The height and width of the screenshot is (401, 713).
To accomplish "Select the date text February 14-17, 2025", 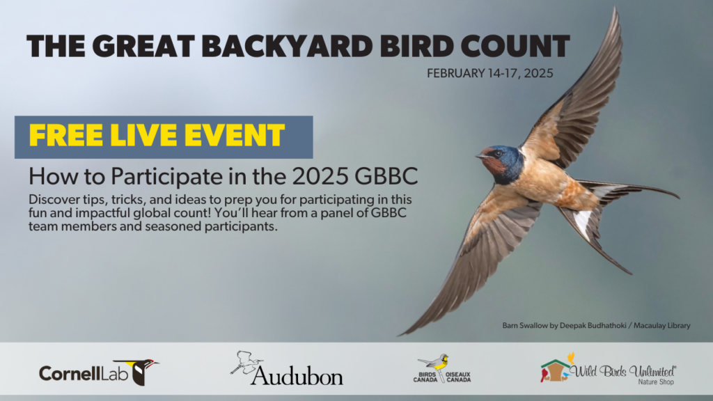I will tap(490, 73).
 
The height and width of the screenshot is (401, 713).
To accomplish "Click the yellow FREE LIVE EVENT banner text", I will tap(157, 135).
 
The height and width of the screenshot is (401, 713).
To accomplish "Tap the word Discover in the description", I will tap(54, 192).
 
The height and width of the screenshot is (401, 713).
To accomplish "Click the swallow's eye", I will tap(499, 154).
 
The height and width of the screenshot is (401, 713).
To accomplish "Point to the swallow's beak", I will tap(480, 157).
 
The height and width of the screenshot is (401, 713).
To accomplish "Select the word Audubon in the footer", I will tap(297, 376).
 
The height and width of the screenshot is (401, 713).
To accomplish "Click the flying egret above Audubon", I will tap(246, 361).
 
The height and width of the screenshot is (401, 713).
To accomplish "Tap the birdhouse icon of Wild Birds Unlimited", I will tap(555, 371).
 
